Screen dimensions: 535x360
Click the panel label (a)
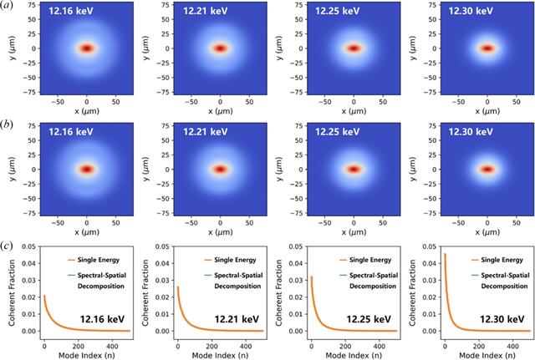[x=7, y=6]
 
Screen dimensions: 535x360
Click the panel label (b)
[x=7, y=124]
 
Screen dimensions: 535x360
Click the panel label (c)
[x=7, y=246]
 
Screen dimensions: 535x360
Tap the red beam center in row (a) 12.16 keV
[x=87, y=48]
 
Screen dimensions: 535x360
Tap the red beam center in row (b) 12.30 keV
[x=487, y=170]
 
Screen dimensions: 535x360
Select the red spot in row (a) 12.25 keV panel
[x=354, y=48]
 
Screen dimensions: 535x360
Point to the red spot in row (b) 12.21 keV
[x=221, y=170]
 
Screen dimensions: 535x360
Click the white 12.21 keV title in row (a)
[x=206, y=11]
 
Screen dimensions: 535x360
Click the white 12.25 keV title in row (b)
[x=338, y=132]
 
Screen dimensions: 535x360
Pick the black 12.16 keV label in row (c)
[x=102, y=319]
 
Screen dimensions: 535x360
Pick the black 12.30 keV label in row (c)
[x=502, y=319]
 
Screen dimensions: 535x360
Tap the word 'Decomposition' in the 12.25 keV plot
[x=373, y=286]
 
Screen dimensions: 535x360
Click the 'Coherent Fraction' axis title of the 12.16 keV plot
[x=13, y=292]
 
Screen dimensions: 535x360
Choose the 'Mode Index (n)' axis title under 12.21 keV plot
[x=220, y=355]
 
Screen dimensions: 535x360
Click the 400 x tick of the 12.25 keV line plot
[x=380, y=347]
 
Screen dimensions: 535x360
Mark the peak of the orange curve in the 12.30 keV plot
[x=445, y=254]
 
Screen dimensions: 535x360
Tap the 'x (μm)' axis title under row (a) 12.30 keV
[x=487, y=111]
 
